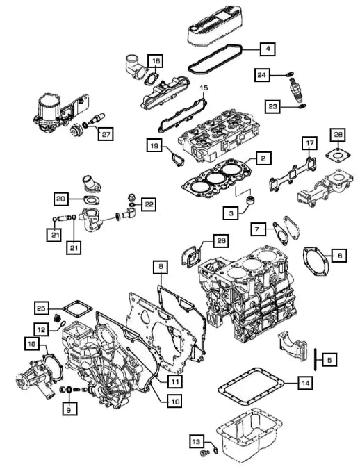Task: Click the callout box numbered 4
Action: tap(268, 49)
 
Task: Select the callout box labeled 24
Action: tap(261, 75)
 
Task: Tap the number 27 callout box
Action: tap(104, 135)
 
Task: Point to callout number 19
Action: tap(154, 145)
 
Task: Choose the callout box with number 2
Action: tap(261, 159)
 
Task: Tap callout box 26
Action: tap(220, 241)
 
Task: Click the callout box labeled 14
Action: tap(304, 382)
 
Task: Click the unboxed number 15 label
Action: tap(204, 88)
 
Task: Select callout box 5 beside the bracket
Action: tap(329, 359)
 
